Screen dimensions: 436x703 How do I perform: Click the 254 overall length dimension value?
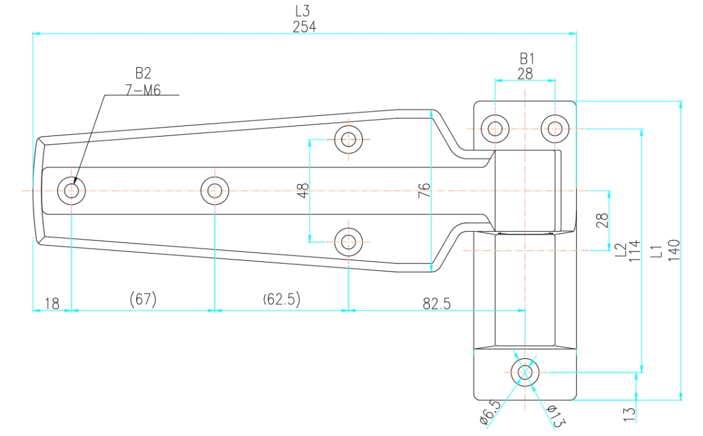(x=304, y=27)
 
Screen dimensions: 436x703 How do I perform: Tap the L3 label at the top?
(x=303, y=11)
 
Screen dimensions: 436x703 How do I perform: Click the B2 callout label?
(x=143, y=73)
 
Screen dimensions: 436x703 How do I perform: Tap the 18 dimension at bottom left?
(x=52, y=304)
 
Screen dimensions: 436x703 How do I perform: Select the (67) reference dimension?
(x=143, y=299)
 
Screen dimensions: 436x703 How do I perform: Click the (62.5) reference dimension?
(x=281, y=299)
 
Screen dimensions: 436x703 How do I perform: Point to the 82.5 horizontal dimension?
(x=437, y=304)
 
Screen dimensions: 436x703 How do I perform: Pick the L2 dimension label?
(x=620, y=249)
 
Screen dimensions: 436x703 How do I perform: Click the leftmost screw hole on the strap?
(x=71, y=191)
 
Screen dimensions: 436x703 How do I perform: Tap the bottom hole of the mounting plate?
(x=525, y=372)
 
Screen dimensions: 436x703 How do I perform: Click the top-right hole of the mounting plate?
(x=555, y=128)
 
